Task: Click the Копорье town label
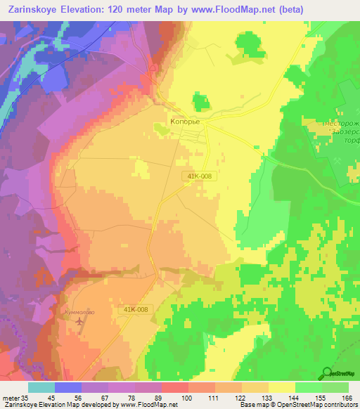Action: point(186,122)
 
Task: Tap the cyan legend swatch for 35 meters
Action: point(41,387)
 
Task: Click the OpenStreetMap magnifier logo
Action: point(327,373)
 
